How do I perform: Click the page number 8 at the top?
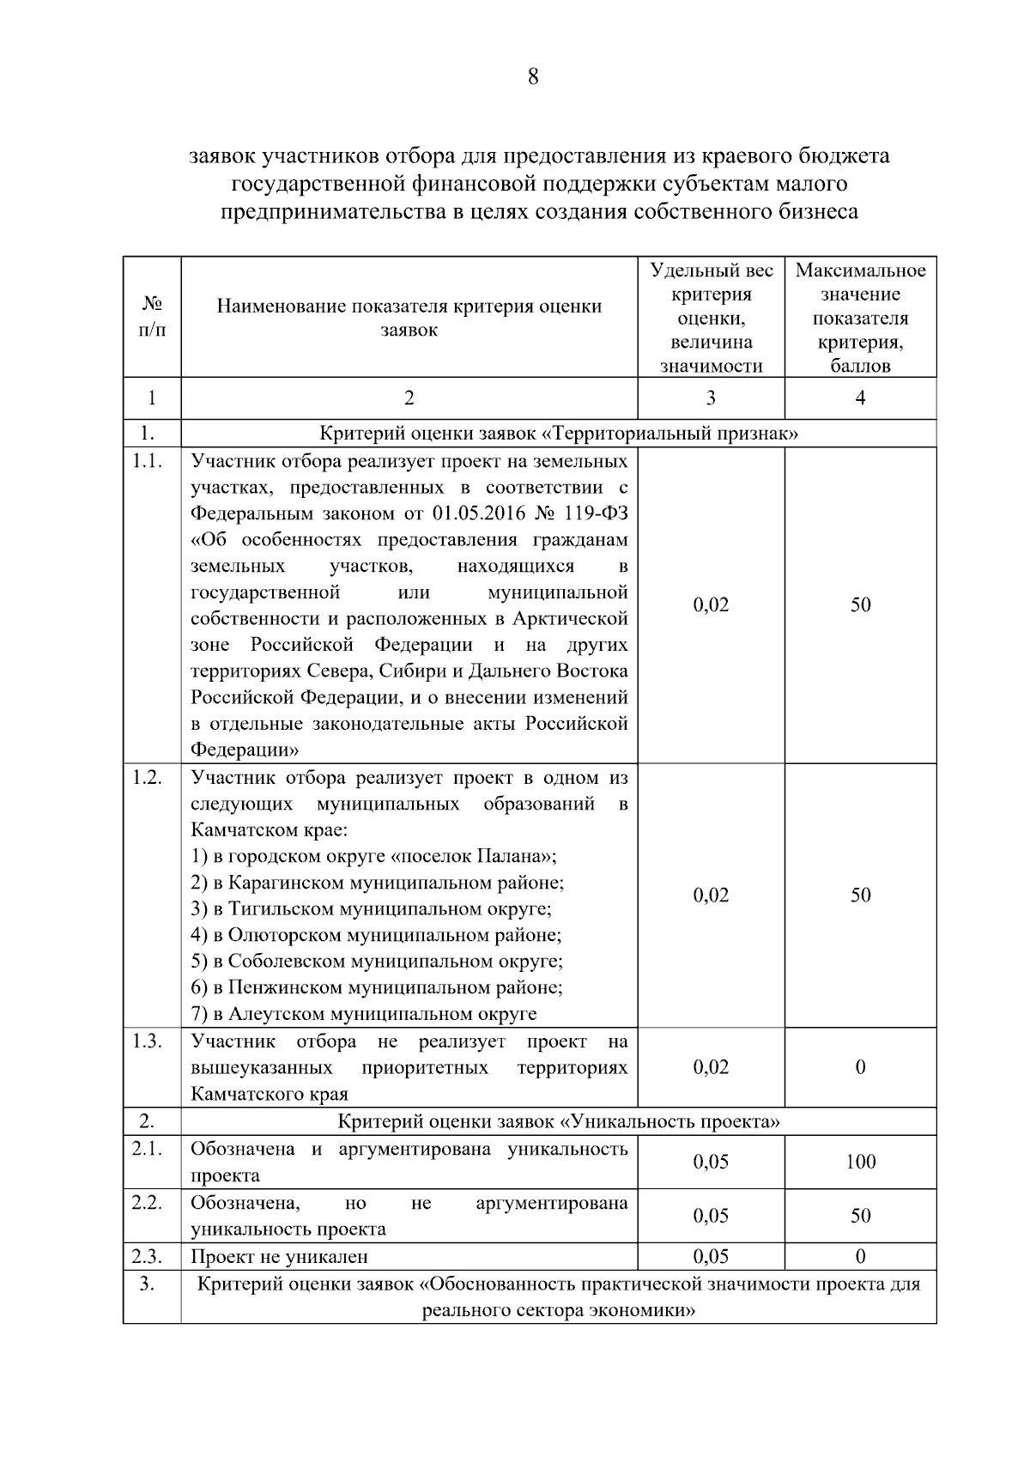532,77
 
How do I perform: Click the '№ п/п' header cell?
152,317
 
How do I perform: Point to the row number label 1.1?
148,461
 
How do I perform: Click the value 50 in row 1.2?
860,895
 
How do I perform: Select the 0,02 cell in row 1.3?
711,1067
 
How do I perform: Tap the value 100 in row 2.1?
860,1162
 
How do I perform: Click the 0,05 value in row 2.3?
711,1257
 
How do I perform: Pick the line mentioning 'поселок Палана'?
373,857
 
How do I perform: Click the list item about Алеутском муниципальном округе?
363,1014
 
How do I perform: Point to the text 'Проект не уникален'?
279,1257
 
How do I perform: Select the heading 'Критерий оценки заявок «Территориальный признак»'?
559,434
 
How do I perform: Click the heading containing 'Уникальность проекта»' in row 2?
559,1121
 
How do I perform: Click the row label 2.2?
148,1203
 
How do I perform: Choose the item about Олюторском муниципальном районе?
376,935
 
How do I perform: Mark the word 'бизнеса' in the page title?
818,211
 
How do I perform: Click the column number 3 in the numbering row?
711,398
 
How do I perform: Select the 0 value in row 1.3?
860,1067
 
